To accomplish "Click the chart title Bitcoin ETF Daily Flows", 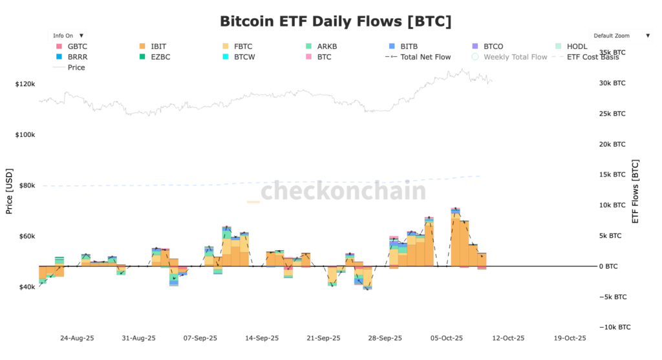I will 335,21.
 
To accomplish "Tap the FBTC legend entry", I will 243,47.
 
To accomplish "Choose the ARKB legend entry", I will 326,47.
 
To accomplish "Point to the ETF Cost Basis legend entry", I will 592,57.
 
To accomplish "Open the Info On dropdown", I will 67,36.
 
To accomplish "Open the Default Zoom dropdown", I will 621,36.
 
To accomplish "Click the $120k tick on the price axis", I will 25,84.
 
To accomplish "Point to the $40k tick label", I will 25,287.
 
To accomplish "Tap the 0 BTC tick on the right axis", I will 610,266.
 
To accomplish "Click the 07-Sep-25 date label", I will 200,338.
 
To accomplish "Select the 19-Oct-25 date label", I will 570,338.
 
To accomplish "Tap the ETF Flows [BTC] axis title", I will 635,191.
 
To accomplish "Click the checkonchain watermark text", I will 343,191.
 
